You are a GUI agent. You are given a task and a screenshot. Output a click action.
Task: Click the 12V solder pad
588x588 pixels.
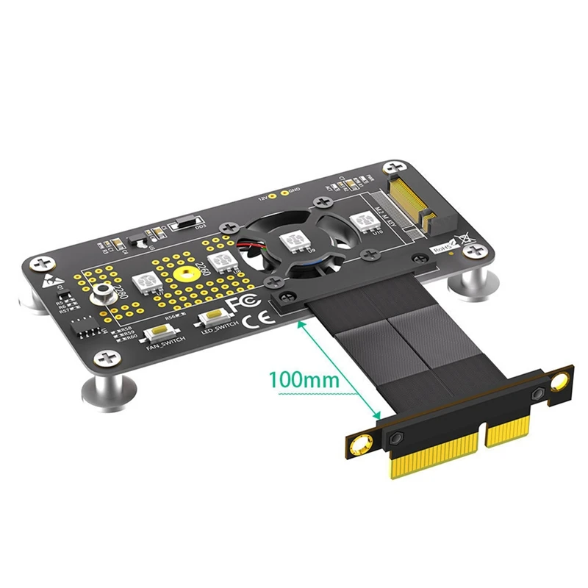tap(273, 197)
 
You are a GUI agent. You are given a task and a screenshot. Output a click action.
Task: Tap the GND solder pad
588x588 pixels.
tap(284, 192)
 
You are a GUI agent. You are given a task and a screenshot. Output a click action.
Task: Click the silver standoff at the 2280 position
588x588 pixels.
tap(101, 295)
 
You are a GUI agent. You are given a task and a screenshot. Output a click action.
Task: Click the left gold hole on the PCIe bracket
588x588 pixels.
tap(361, 444)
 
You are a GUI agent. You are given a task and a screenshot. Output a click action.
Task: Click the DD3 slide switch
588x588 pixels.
tap(186, 222)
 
